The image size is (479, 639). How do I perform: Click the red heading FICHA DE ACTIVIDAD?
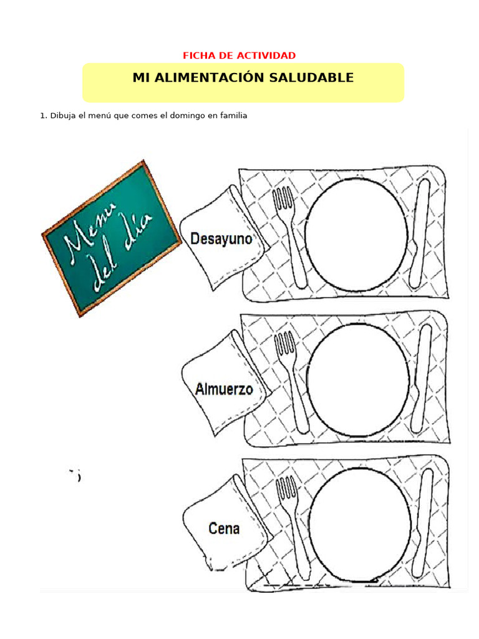pyautogui.click(x=239, y=56)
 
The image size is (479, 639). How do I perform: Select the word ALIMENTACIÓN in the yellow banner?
pyautogui.click(x=212, y=78)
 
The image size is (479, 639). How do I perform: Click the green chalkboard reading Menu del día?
pyautogui.click(x=110, y=238)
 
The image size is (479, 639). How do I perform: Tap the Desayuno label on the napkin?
pyautogui.click(x=221, y=238)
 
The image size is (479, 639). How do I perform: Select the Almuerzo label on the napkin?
pyautogui.click(x=224, y=389)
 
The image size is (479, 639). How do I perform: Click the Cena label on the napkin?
pyautogui.click(x=224, y=529)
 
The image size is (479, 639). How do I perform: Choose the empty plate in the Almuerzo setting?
pyautogui.click(x=357, y=380)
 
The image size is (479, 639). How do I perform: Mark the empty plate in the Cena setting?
pyautogui.click(x=359, y=525)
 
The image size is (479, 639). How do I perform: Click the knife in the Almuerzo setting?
pyautogui.click(x=421, y=378)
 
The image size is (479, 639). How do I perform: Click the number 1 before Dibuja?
pyautogui.click(x=42, y=115)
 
